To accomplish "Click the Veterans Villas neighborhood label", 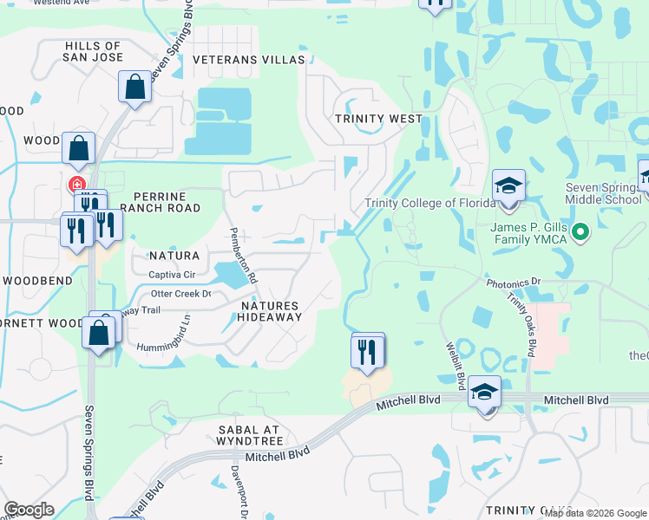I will click(x=249, y=60).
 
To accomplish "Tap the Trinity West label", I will click(x=379, y=119).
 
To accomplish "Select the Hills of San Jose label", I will click(x=92, y=51).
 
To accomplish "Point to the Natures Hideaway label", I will click(x=270, y=311).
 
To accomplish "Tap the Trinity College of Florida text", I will click(x=429, y=203).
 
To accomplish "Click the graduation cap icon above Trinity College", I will click(x=508, y=186).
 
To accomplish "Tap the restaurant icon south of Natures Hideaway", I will click(x=367, y=350).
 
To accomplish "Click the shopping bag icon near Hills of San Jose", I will click(x=134, y=87).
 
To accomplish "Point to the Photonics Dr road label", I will click(x=514, y=283).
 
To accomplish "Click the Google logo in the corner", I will click(x=29, y=510).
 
